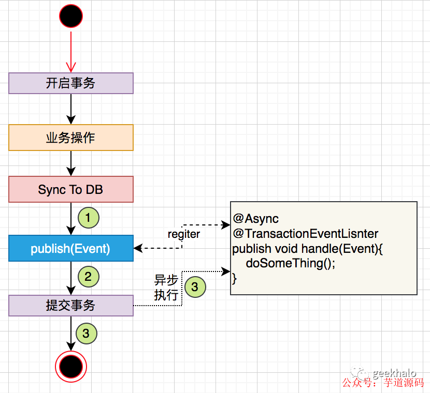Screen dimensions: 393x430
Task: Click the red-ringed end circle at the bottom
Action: [71, 367]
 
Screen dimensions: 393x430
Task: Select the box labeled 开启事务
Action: [71, 83]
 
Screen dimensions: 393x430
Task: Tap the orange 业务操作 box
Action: [71, 138]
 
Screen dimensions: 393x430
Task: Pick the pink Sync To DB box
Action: [71, 189]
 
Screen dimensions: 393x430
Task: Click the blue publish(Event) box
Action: [71, 249]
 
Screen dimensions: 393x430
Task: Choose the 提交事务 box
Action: [71, 306]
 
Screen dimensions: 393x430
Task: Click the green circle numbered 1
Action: [89, 218]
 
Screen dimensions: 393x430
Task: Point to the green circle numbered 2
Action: [89, 277]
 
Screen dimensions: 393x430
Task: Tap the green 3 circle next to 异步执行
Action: [195, 287]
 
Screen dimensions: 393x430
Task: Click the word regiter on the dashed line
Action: [183, 234]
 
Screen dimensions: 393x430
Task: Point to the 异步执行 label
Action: [166, 288]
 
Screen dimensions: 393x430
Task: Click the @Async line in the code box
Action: [255, 219]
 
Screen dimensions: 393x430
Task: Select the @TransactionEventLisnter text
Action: [306, 234]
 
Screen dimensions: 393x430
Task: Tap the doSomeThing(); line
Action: [291, 263]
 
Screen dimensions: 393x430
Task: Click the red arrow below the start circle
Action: [71, 52]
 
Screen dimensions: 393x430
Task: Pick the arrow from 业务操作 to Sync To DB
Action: [71, 163]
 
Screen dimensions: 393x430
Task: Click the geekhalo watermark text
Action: [394, 373]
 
